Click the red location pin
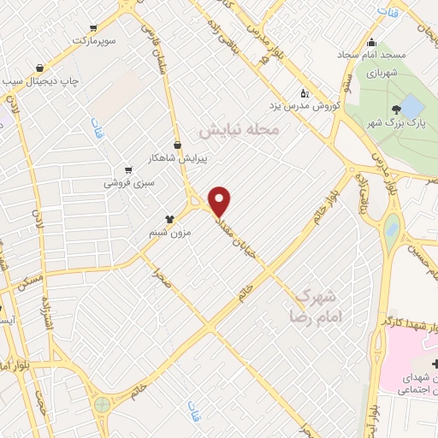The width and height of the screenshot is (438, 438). tap(221, 201)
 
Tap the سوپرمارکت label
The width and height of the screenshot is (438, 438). tap(95, 40)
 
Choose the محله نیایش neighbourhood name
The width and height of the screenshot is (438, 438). tap(240, 131)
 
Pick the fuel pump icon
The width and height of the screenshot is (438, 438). tap(305, 94)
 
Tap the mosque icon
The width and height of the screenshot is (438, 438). tap(370, 44)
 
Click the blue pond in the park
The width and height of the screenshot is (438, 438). tap(411, 107)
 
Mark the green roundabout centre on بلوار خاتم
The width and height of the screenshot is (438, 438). tap(103, 405)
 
